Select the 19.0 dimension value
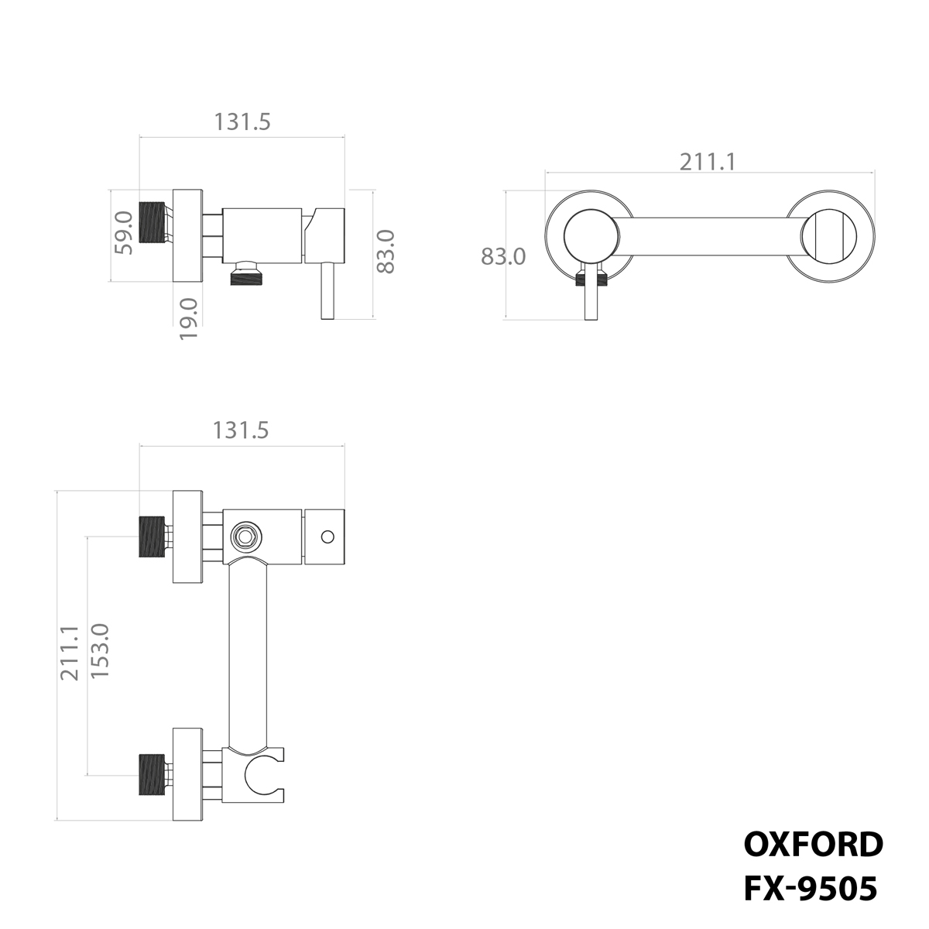click(188, 317)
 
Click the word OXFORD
click(812, 845)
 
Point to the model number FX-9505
click(811, 889)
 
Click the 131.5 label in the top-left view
click(242, 122)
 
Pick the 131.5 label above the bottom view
click(241, 430)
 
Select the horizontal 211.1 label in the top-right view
click(707, 162)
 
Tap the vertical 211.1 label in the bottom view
click(71, 653)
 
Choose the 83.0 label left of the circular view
click(503, 255)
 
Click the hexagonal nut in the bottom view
click(246, 536)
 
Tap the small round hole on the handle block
click(327, 536)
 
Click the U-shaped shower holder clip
click(265, 774)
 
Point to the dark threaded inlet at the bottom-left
click(153, 774)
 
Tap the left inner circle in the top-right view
click(591, 235)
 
